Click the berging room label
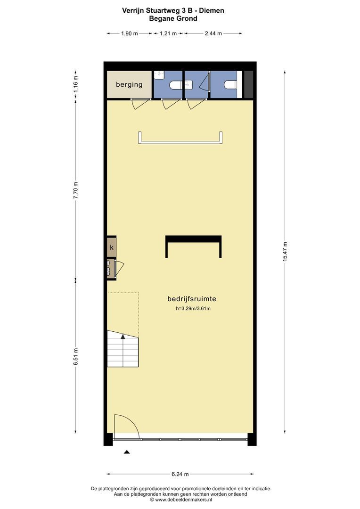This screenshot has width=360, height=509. (x=129, y=85)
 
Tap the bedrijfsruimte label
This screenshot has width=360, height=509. (x=191, y=299)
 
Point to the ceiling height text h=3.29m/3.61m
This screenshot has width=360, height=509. (x=193, y=308)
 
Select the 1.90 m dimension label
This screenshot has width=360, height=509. (x=130, y=33)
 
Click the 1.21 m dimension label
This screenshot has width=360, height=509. (x=168, y=33)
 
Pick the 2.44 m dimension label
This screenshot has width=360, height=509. (x=213, y=33)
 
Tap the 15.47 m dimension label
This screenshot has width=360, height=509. (x=285, y=252)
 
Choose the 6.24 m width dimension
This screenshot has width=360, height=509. (x=180, y=474)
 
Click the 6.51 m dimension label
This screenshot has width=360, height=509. (x=76, y=356)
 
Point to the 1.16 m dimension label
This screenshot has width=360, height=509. (x=76, y=84)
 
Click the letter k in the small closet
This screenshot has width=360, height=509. (x=112, y=247)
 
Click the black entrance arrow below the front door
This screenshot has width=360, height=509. (x=127, y=452)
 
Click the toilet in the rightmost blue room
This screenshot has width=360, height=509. (x=230, y=85)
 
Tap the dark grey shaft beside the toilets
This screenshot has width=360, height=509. (x=248, y=84)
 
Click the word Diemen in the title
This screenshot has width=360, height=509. (x=211, y=10)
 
